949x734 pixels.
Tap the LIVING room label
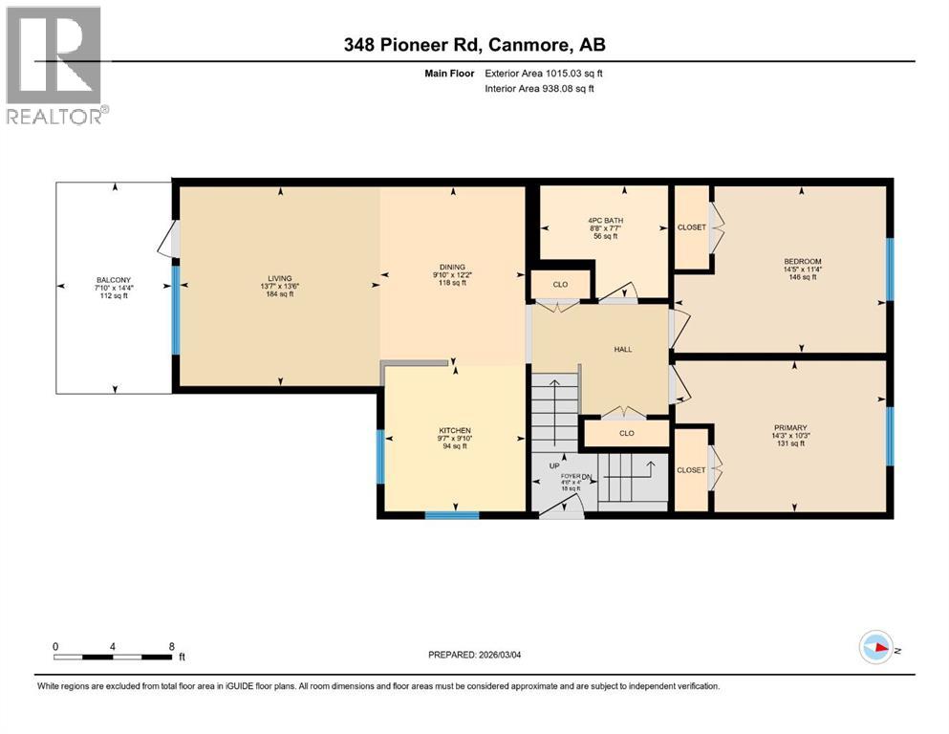click(279, 278)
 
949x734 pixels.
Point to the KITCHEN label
click(455, 430)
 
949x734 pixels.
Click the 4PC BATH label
click(604, 221)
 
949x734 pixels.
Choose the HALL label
click(623, 349)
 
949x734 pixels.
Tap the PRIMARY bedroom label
click(790, 427)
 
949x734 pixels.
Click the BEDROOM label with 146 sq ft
click(802, 261)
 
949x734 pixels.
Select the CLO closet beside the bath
click(560, 285)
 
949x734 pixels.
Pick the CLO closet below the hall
click(626, 433)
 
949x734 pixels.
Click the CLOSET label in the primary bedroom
click(690, 469)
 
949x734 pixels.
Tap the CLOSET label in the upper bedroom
click(690, 227)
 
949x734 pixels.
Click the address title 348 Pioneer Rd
click(474, 45)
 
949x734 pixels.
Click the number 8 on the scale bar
click(170, 646)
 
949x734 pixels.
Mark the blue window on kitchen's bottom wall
click(451, 515)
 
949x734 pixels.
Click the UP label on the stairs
click(552, 465)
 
